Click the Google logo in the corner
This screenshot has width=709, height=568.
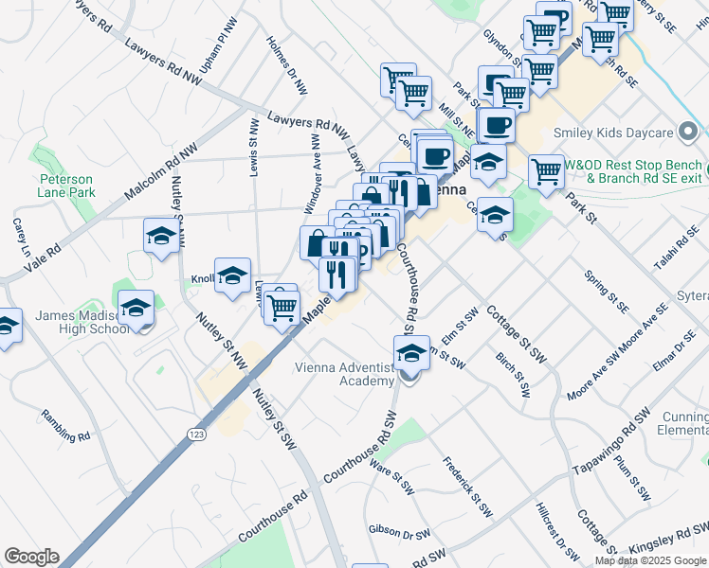(x=31, y=557)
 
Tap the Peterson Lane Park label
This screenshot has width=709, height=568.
(x=66, y=186)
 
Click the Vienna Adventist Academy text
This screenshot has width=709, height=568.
(x=344, y=374)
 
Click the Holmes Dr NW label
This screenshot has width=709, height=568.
(x=287, y=65)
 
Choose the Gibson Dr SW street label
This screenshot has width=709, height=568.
(x=399, y=532)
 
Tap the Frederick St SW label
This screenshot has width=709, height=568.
(x=468, y=487)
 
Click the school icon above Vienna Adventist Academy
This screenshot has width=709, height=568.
(x=410, y=354)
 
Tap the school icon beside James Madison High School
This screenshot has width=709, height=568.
(x=136, y=309)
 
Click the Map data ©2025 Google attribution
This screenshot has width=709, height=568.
(x=650, y=560)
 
